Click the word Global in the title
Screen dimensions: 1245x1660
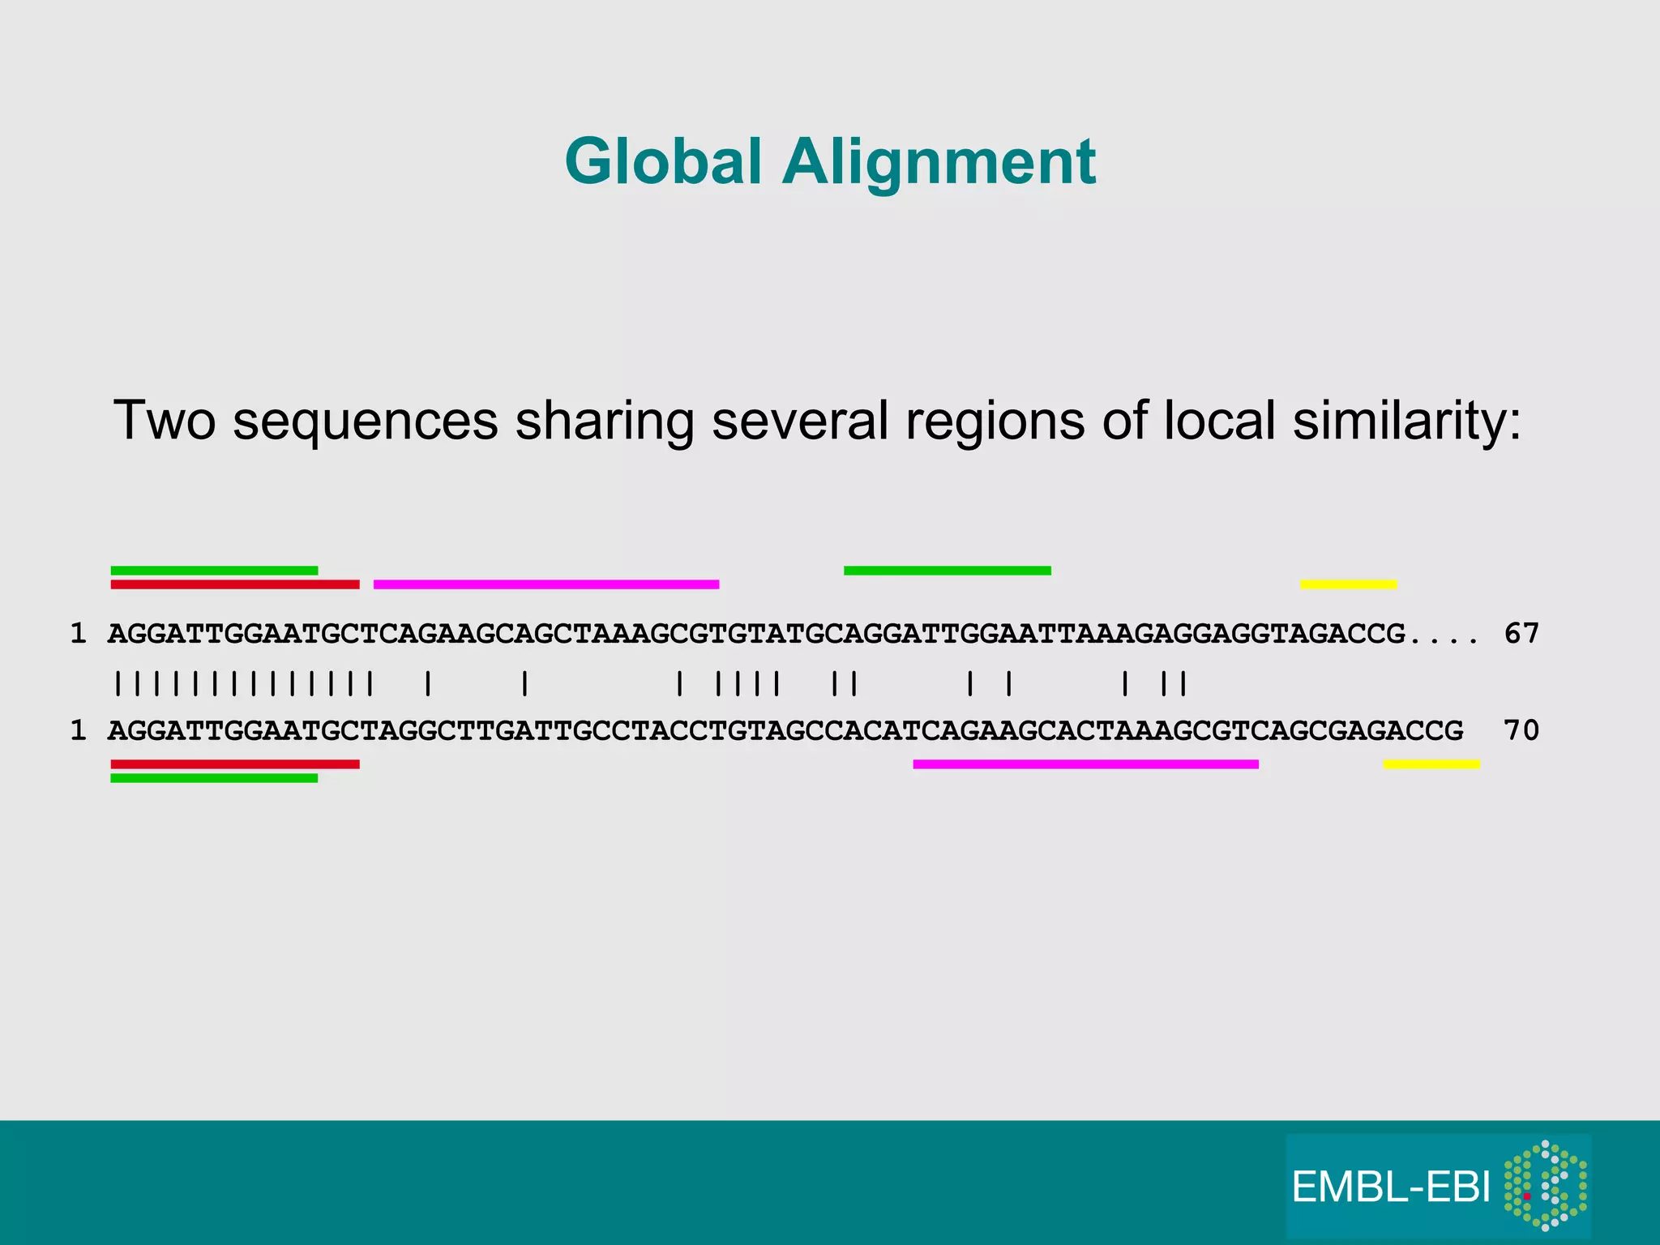[663, 161]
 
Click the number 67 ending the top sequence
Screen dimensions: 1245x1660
[1521, 633]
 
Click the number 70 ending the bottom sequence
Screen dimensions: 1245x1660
[1521, 730]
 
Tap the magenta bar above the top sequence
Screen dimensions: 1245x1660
[546, 584]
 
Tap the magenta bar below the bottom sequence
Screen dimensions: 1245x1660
[1085, 764]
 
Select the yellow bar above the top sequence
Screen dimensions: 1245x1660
[1349, 584]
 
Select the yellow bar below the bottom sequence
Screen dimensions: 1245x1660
[1431, 764]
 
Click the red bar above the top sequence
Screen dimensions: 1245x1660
[235, 584]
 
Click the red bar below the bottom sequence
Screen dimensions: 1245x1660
[235, 764]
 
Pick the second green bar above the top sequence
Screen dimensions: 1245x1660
[948, 571]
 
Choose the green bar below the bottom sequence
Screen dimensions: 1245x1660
[214, 778]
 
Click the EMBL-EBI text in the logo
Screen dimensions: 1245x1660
[1391, 1187]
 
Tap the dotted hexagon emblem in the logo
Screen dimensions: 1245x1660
[1546, 1185]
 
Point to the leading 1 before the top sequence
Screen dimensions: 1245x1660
[78, 633]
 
